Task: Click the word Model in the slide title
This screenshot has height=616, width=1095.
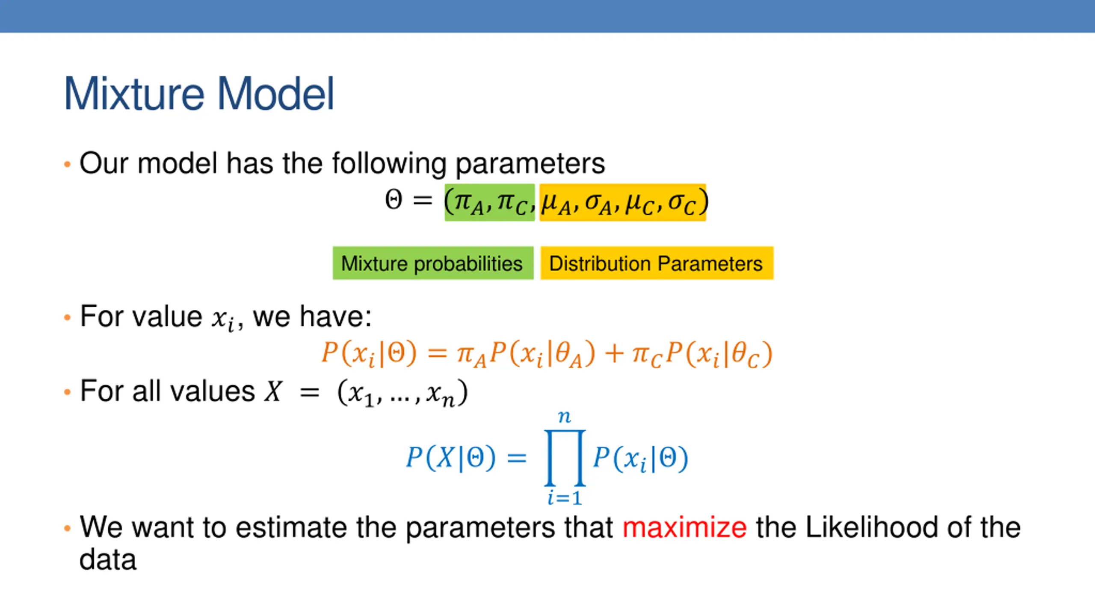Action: [275, 94]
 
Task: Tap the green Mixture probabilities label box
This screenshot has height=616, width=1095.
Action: [432, 263]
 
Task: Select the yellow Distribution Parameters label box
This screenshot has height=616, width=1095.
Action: [656, 263]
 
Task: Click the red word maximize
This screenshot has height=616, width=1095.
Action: [684, 527]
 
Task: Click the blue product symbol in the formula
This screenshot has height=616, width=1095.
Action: [565, 457]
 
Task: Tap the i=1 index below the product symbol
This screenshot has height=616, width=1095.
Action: [565, 498]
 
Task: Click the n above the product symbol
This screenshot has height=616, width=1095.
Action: [565, 416]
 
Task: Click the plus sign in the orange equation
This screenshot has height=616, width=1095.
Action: [613, 354]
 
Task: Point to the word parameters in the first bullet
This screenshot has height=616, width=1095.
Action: [530, 163]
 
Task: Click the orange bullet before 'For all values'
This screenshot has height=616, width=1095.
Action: [67, 392]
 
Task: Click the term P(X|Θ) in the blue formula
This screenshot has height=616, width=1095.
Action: [451, 457]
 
